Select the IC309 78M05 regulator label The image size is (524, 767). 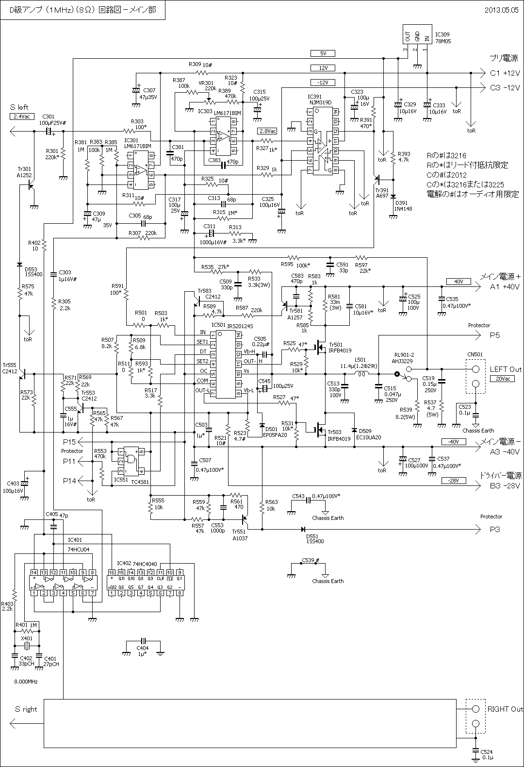pos(442,38)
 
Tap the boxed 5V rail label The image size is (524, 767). pos(323,53)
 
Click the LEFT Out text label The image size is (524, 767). pos(506,369)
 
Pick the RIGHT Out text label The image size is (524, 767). pos(505,709)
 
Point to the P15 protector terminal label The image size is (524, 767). pos(69,442)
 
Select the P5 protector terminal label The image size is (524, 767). pos(494,335)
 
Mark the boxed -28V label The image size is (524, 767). pos(454,481)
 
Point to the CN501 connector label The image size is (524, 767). pos(475,354)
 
